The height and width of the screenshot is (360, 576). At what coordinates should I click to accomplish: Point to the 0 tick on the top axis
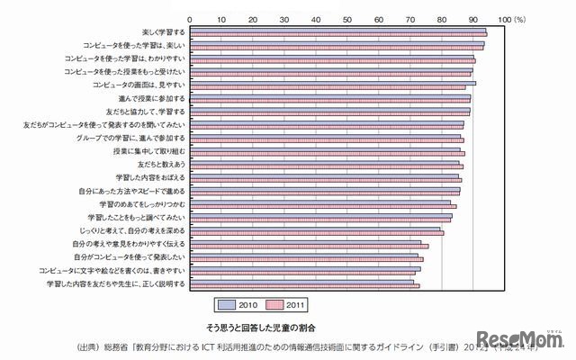tap(189, 17)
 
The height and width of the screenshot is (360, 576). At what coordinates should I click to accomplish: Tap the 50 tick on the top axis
tap(346, 17)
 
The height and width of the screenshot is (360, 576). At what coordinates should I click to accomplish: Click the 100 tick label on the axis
tap(503, 17)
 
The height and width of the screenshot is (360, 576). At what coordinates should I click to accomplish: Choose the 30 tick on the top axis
tap(283, 17)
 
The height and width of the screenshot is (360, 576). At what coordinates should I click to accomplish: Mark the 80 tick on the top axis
tap(441, 17)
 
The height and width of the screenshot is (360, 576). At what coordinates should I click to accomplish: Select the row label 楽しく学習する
tap(162, 31)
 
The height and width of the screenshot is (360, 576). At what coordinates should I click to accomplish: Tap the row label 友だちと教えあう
tap(161, 166)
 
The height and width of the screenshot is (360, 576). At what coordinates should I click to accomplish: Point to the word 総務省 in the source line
tap(114, 344)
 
